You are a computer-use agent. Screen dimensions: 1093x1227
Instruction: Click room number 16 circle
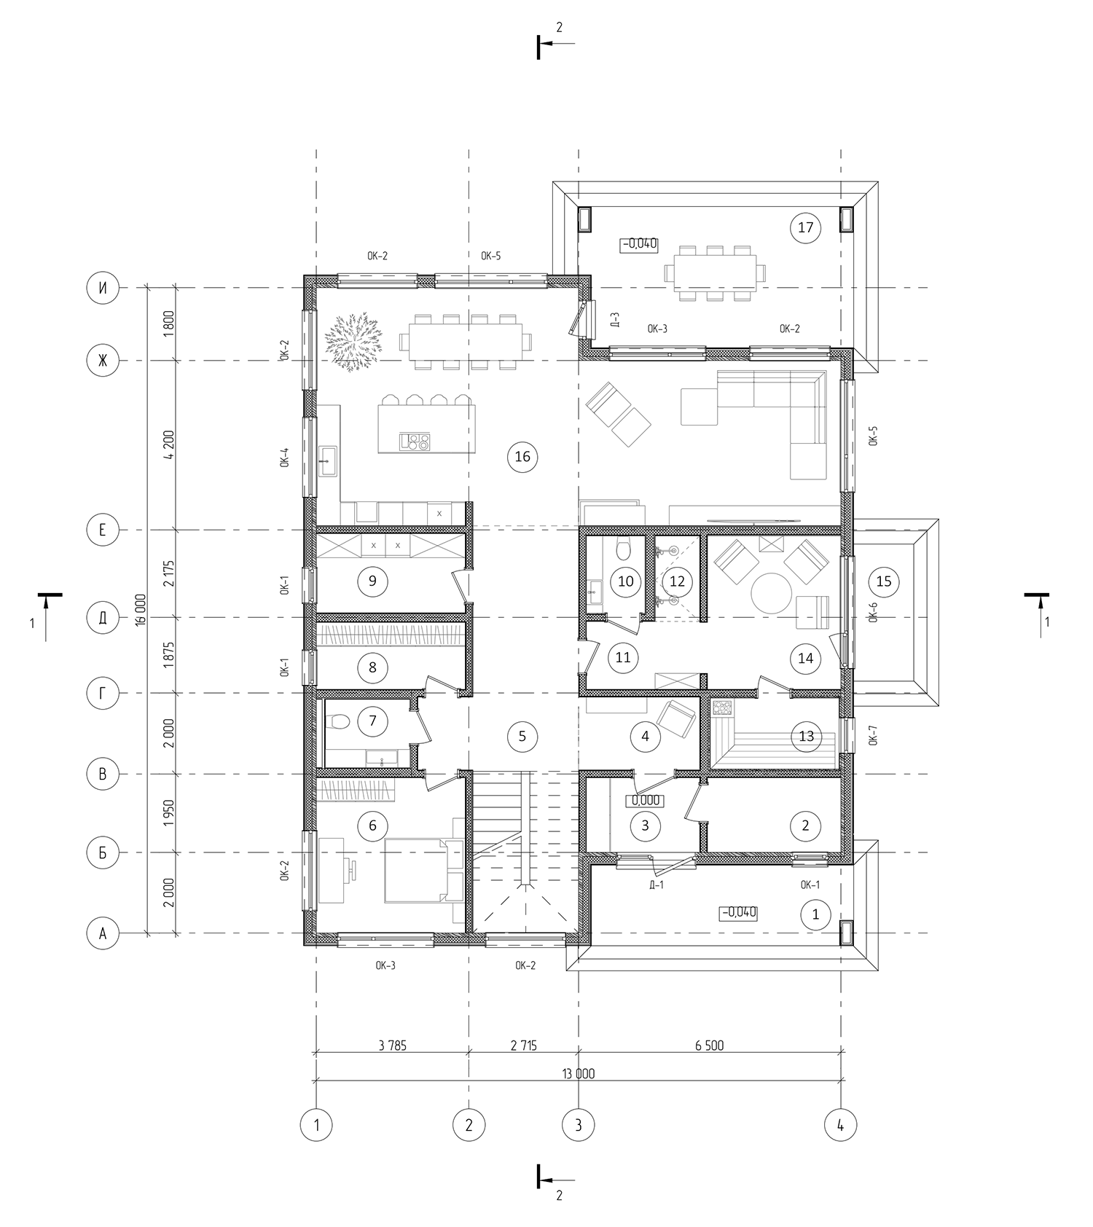522,457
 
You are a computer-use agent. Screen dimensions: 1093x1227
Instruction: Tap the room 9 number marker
372,581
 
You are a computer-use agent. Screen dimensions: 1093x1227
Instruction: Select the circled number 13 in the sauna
806,736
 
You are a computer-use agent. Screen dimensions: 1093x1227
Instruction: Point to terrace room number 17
805,227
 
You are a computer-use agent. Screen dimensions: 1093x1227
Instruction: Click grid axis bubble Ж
103,361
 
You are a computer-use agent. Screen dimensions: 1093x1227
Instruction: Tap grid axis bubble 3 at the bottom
579,1124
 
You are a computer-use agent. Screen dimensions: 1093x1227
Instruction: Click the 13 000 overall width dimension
578,1073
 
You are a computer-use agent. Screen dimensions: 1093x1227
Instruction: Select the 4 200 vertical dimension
169,445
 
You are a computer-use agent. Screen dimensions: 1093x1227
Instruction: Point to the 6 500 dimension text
709,1046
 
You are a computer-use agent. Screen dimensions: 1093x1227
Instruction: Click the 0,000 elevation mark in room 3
646,800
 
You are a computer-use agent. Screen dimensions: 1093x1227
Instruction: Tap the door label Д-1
656,885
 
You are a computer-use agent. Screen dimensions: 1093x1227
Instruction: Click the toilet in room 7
337,722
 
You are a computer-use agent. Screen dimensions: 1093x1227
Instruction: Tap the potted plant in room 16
353,342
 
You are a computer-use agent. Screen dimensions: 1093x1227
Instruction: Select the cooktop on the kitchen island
414,442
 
